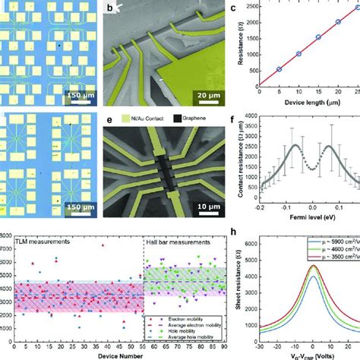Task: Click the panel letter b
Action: point(111,10)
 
